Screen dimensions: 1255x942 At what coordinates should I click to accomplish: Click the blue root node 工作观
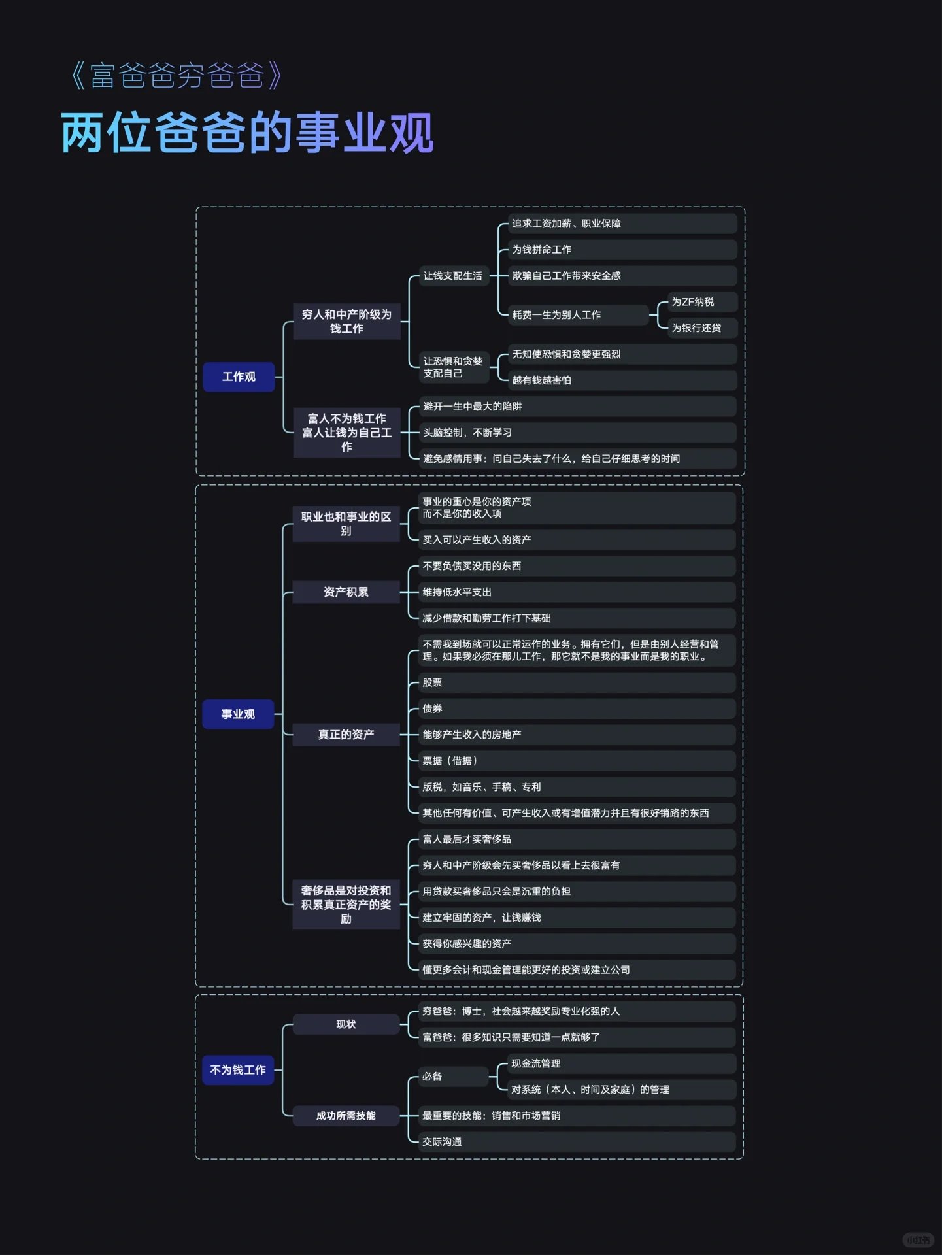[239, 377]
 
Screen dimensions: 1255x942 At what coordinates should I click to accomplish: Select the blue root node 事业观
[238, 714]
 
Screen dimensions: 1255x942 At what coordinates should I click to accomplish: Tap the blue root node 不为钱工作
[238, 1070]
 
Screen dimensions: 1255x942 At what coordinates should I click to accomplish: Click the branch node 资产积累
[346, 592]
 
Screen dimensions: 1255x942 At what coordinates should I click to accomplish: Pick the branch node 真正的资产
[346, 735]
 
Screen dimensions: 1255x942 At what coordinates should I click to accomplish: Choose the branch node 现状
[346, 1024]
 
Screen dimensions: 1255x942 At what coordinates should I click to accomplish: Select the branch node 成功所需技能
[346, 1116]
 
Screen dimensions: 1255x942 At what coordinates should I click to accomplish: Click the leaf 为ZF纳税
[693, 302]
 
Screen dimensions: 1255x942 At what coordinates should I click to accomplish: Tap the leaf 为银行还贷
[696, 328]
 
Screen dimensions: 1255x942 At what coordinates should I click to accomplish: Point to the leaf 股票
[433, 683]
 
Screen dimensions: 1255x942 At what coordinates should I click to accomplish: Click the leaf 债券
[433, 709]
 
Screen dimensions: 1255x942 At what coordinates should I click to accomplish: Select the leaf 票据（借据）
[450, 761]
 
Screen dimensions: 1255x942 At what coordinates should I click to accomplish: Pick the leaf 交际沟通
[443, 1142]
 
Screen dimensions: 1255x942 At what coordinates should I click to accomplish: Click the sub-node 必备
[433, 1077]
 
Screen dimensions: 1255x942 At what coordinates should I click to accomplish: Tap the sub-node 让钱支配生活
[452, 276]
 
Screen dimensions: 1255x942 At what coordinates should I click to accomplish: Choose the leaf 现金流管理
[536, 1063]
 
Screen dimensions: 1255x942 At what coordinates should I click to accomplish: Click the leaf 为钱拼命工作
[542, 250]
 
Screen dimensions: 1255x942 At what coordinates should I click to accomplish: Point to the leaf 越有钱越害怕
[542, 380]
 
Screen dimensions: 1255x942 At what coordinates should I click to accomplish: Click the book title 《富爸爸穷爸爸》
[177, 76]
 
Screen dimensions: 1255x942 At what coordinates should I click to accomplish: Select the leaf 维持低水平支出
[458, 592]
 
